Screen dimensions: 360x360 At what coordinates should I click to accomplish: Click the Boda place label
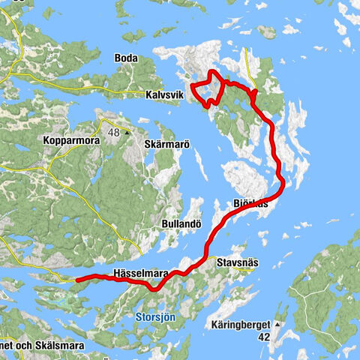[x=125, y=58]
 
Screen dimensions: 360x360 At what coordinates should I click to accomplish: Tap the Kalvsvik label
[x=165, y=95]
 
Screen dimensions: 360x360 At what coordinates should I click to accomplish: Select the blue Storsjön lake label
[x=156, y=317]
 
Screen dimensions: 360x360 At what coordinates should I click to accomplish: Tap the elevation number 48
[x=115, y=133]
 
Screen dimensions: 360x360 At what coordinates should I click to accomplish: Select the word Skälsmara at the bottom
[x=61, y=346]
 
